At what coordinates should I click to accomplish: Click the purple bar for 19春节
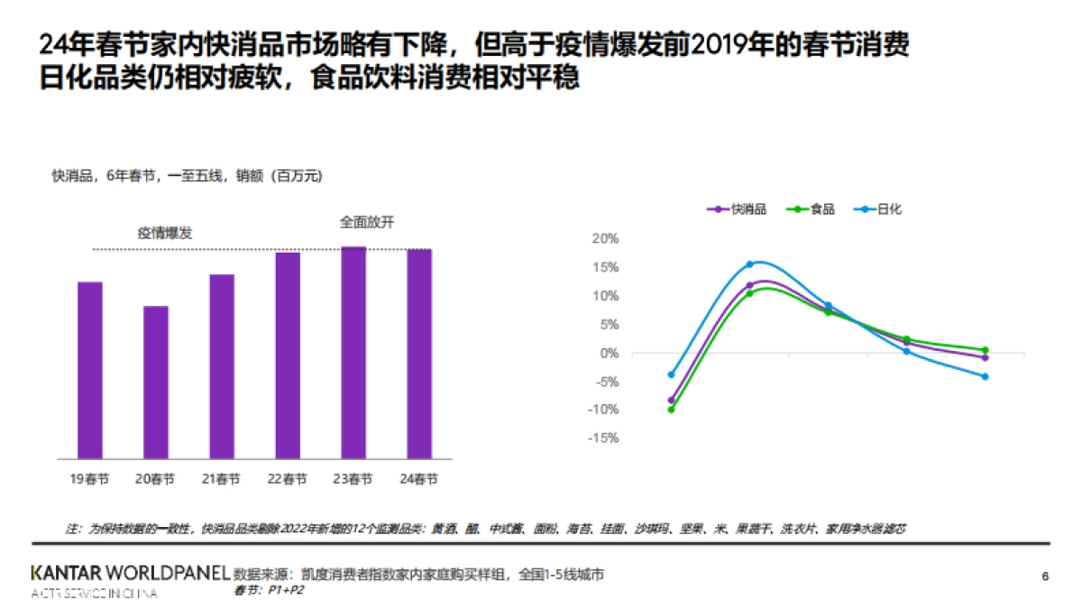click(90, 370)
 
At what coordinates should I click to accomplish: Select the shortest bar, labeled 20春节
click(156, 383)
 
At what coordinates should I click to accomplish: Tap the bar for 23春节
click(353, 353)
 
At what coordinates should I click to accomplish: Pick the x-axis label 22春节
click(288, 479)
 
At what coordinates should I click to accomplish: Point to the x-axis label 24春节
click(419, 479)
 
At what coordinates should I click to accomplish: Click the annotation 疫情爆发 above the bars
click(165, 233)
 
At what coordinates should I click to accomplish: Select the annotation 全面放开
click(367, 221)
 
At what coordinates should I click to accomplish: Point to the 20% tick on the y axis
click(605, 238)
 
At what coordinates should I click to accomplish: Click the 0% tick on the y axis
click(609, 353)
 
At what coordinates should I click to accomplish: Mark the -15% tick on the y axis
click(603, 438)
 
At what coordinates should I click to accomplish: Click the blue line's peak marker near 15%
click(749, 264)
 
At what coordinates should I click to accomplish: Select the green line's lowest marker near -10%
click(671, 410)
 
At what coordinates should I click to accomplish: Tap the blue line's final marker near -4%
click(985, 376)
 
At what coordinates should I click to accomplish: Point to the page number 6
click(1045, 577)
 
